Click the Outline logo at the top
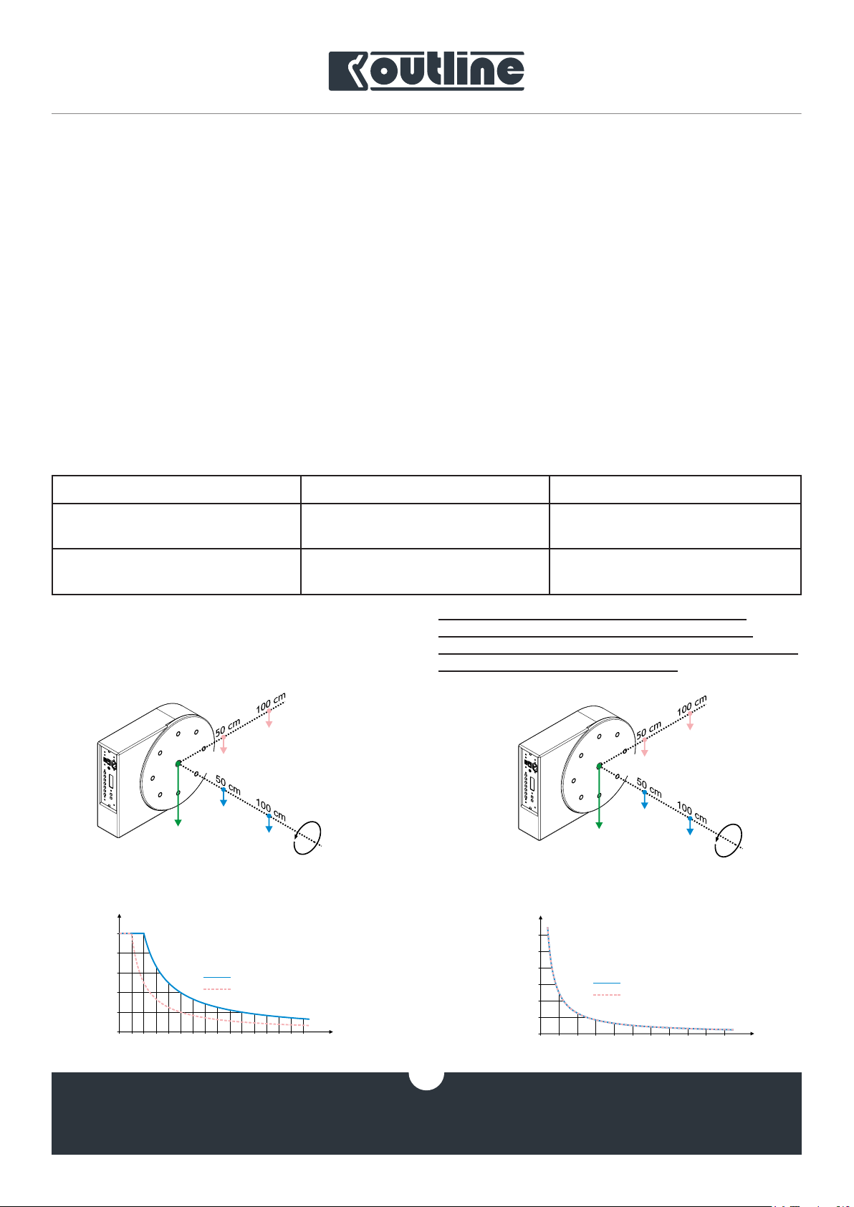[426, 71]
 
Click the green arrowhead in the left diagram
[178, 823]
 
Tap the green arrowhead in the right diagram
[599, 825]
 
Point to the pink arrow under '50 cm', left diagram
[223, 744]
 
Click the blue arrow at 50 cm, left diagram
[223, 797]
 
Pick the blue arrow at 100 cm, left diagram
[269, 823]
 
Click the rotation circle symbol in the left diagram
[307, 838]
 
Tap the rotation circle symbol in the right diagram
[728, 840]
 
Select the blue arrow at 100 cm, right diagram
[690, 826]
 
